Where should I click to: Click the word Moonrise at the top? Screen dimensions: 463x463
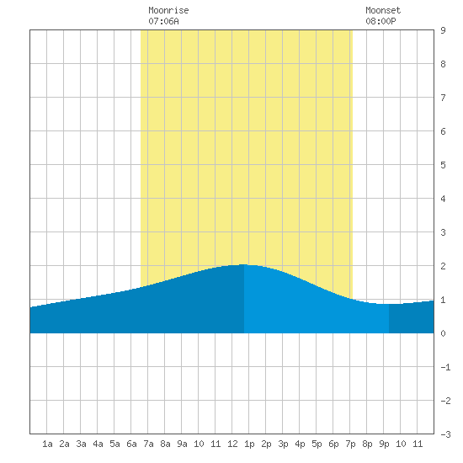[x=168, y=10]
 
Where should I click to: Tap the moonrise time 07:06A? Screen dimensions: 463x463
[x=163, y=21]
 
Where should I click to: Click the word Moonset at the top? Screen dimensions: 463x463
[x=383, y=10]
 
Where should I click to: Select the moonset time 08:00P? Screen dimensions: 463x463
[x=381, y=21]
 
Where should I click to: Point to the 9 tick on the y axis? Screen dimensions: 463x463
[x=443, y=30]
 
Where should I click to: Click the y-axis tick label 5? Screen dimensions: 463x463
[x=443, y=165]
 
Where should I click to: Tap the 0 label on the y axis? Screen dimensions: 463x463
[x=443, y=333]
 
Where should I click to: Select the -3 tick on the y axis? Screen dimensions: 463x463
[x=445, y=434]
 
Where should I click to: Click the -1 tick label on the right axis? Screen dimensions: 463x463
[x=445, y=367]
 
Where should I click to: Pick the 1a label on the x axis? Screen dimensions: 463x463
[x=47, y=444]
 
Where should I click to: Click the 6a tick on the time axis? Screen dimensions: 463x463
[x=131, y=444]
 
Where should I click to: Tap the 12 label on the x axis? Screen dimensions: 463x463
[x=232, y=444]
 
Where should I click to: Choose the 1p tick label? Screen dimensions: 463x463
[x=249, y=444]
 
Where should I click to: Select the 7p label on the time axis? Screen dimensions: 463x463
[x=350, y=444]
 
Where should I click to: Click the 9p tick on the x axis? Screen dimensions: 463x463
[x=384, y=444]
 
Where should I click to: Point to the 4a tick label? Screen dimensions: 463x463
[x=98, y=444]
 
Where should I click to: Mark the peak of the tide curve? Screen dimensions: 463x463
[x=244, y=264]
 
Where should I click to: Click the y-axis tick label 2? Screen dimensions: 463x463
[x=443, y=266]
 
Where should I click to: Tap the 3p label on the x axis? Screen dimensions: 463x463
[x=283, y=444]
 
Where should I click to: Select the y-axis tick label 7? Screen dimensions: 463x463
[x=443, y=98]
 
